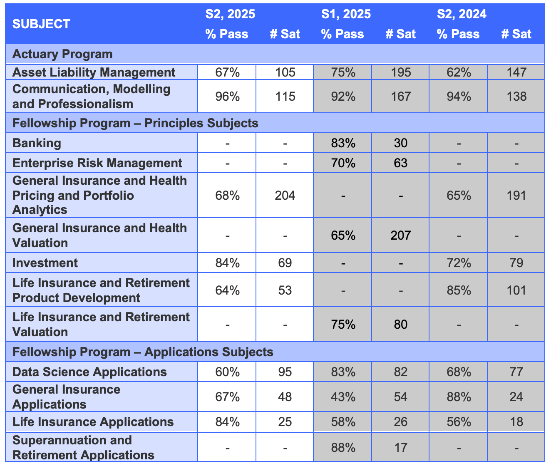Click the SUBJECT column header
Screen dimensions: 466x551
[41, 24]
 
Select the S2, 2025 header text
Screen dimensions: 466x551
[230, 14]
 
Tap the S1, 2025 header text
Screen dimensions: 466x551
[346, 14]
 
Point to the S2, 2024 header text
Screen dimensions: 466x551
[462, 14]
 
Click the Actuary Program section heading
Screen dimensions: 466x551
[62, 54]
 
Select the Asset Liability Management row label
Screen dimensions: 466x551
[94, 72]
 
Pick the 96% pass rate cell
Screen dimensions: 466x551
[227, 97]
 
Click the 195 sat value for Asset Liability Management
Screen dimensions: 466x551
[400, 72]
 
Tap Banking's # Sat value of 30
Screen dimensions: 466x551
[400, 143]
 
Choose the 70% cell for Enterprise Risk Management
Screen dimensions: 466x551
[343, 163]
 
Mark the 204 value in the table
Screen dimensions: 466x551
[285, 196]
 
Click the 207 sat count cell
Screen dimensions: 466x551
[400, 235]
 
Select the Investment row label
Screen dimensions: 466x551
[45, 263]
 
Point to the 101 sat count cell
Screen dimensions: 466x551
[516, 290]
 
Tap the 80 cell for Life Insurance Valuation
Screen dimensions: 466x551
[400, 324]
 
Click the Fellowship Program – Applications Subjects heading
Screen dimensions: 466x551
[143, 352]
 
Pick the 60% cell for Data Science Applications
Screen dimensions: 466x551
[227, 372]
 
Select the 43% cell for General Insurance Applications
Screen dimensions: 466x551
[343, 397]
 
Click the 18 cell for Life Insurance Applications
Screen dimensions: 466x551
[516, 422]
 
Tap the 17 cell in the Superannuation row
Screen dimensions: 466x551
[400, 448]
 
